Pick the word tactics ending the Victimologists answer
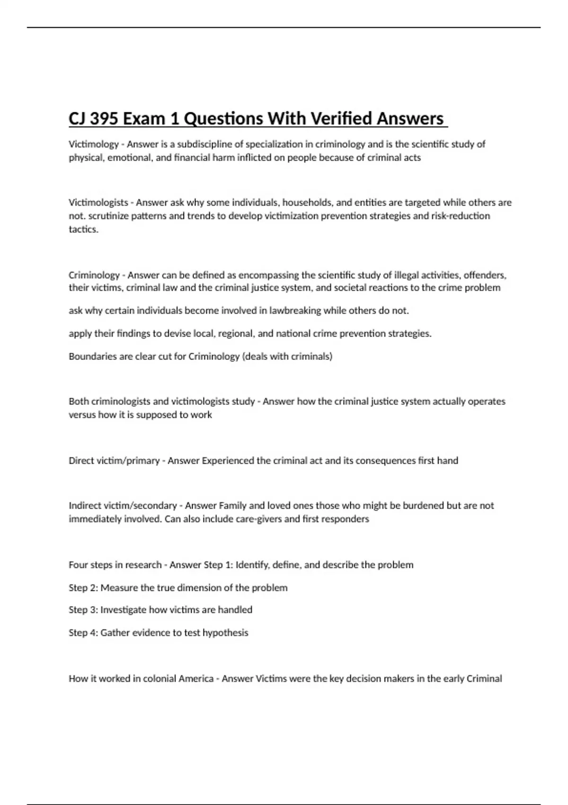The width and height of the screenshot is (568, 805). [83, 230]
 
